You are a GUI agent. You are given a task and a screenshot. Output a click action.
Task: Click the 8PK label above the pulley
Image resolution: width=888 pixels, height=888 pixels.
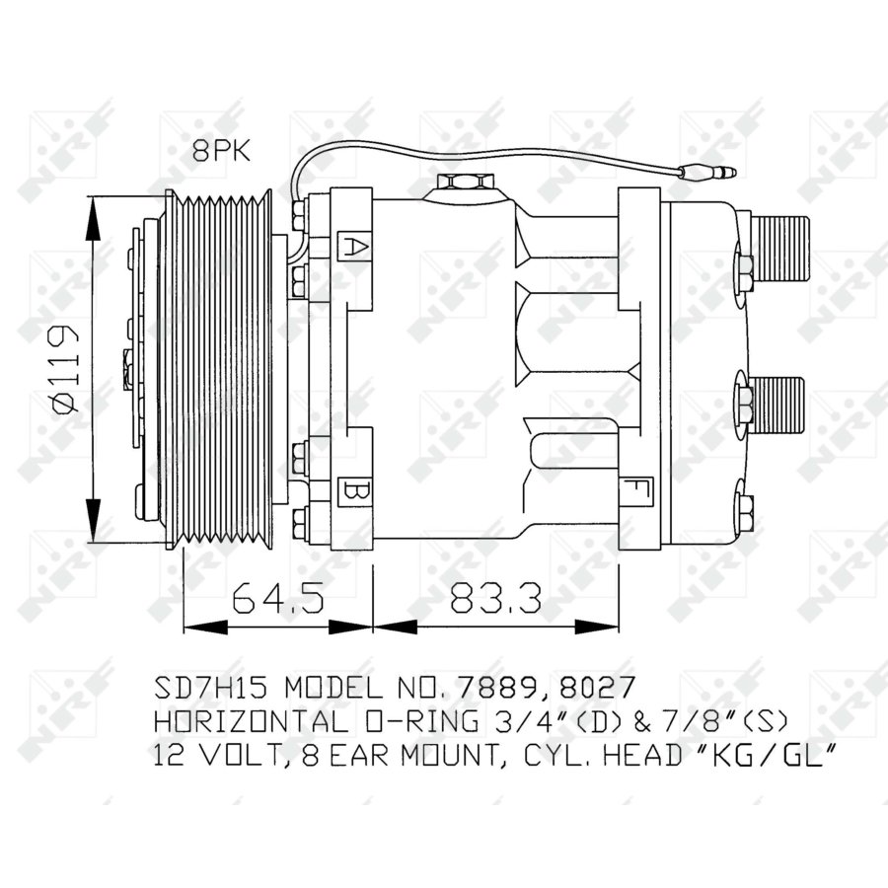(222, 151)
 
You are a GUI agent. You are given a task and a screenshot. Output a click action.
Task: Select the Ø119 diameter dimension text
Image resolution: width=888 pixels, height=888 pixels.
(62, 368)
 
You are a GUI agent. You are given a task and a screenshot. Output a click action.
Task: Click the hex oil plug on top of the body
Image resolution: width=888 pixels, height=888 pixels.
(463, 183)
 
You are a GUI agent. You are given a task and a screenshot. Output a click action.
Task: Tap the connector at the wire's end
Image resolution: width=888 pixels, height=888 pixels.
(707, 174)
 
